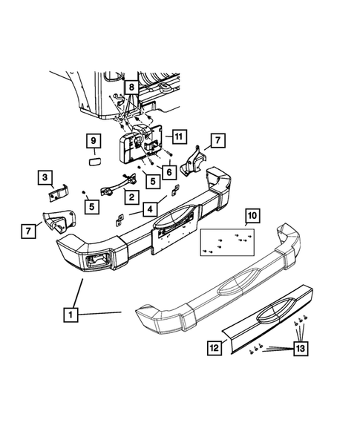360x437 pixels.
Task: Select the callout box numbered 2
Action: [131, 197]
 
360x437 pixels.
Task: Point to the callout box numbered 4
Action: [151, 208]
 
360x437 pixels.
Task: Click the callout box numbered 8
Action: [130, 86]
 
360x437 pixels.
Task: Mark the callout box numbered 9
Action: [94, 140]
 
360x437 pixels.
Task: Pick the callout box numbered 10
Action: [252, 217]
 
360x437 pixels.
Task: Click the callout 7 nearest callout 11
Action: [217, 139]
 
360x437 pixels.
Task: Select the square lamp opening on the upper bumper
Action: [97, 260]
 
